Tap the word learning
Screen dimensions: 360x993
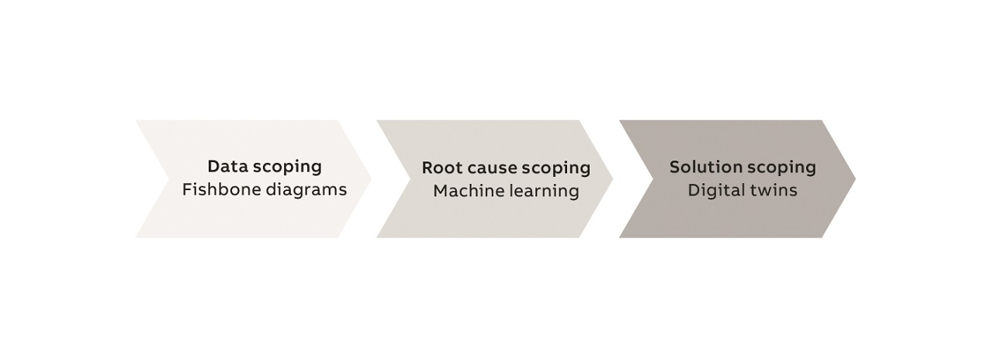pos(544,191)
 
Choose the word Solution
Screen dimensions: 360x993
pos(701,167)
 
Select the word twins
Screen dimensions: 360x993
pos(771,190)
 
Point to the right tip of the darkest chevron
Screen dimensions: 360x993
pos(854,178)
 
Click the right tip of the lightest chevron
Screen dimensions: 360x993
pos(371,178)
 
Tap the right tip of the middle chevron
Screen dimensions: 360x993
pos(612,178)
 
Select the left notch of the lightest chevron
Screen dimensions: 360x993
pos(169,178)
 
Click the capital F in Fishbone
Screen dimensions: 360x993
pos(187,189)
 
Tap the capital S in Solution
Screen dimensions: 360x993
pos(675,167)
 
